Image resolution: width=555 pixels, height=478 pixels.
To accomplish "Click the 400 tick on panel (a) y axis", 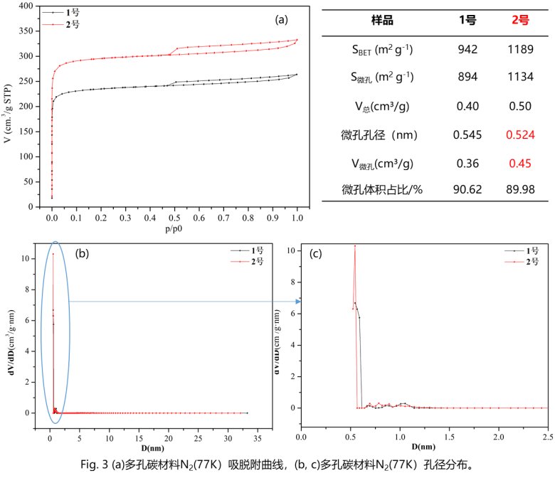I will [27, 6].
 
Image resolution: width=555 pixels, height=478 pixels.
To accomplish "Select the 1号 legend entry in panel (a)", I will [66, 13].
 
